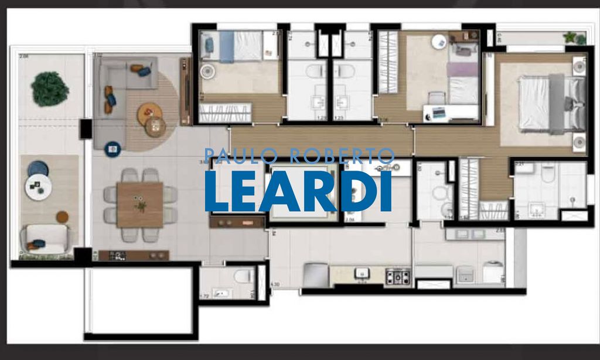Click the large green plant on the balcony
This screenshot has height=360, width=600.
(x=50, y=89)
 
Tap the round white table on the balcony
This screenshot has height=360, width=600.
(x=38, y=186)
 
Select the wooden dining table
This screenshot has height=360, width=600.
(x=139, y=205)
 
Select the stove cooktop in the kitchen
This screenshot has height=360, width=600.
(x=397, y=276)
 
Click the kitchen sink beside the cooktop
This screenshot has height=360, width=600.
(x=362, y=273)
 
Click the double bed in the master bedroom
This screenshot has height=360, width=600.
(x=551, y=104)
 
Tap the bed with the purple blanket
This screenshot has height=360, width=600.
(x=463, y=79)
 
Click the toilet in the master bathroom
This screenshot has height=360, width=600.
(x=548, y=173)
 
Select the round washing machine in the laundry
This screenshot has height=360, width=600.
(x=493, y=272)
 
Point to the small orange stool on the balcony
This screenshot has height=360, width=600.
(x=62, y=217)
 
